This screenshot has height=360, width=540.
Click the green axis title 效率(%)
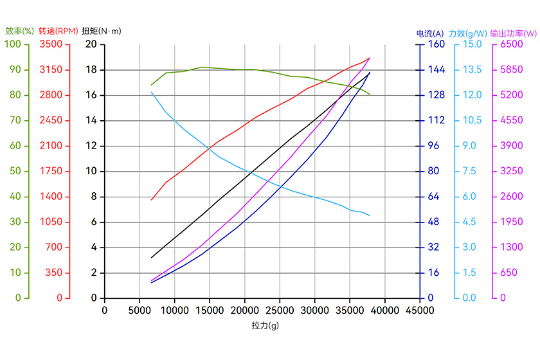[x=19, y=30]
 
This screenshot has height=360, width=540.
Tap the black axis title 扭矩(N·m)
[x=102, y=30]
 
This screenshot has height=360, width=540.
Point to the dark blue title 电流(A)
[x=430, y=33]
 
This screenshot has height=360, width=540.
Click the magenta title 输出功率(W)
[x=513, y=33]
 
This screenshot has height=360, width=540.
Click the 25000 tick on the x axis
[x=280, y=310]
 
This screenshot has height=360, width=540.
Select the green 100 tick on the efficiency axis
[x=13, y=44]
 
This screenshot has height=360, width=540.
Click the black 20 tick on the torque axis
[x=91, y=44]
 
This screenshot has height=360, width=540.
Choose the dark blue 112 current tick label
[x=436, y=120]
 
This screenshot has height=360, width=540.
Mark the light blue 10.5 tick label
[x=473, y=120]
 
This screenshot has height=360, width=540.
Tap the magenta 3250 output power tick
[x=512, y=171]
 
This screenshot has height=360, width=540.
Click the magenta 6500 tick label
[x=512, y=44]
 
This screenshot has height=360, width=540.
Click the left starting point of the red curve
[x=152, y=200]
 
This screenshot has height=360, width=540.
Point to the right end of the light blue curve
[x=370, y=215]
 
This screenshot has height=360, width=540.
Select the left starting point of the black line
[x=152, y=258]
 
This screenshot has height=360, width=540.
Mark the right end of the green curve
[x=370, y=94]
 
